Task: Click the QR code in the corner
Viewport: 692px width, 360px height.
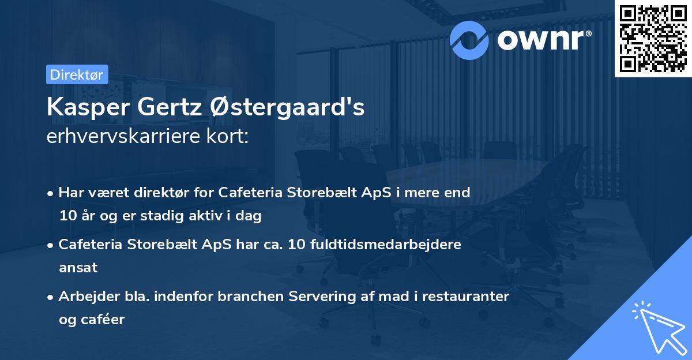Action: (653, 38)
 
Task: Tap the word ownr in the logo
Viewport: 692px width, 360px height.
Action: (543, 39)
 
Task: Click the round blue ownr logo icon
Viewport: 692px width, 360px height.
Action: (469, 39)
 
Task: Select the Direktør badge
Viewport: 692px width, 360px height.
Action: (77, 74)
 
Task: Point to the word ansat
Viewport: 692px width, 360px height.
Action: (78, 267)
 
